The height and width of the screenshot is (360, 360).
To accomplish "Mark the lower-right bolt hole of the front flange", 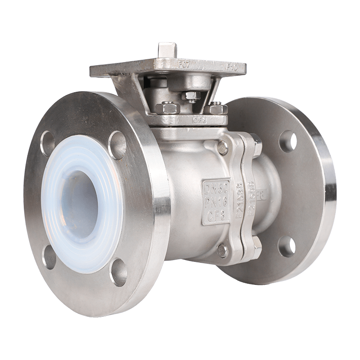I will [x=118, y=275].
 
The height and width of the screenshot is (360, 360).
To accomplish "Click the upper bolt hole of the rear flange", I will [x=288, y=140].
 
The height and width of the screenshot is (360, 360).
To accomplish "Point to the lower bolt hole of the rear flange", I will [x=287, y=246].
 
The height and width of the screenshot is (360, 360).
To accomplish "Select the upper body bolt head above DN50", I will [x=222, y=146].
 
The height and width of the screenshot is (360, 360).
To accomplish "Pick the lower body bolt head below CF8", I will [x=221, y=250].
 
